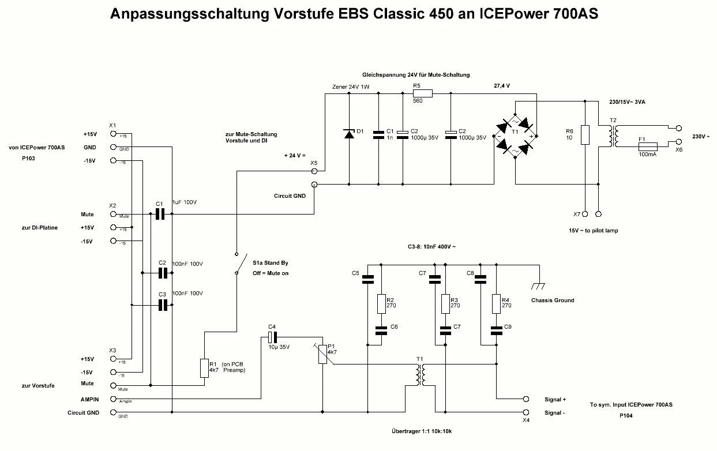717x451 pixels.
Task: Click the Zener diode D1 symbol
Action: pos(348,134)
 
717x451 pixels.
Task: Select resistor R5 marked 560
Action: pos(423,93)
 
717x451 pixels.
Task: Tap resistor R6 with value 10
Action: pos(585,135)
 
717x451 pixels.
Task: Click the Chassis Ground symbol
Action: pos(539,285)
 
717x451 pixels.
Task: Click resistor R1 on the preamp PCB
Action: pos(204,367)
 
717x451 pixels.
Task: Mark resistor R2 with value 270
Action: pos(381,303)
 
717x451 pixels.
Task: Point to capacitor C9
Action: pos(495,330)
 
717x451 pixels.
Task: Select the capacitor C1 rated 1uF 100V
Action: pos(161,214)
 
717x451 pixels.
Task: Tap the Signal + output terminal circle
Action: pos(525,399)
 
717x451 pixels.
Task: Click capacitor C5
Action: pos(367,280)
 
